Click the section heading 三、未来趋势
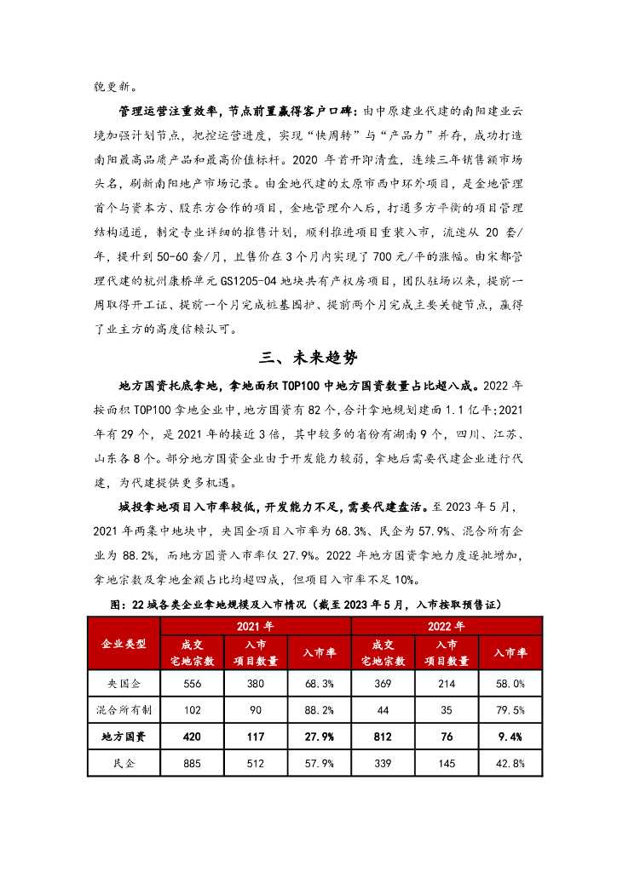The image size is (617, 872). click(x=308, y=357)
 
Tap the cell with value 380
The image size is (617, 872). click(x=255, y=683)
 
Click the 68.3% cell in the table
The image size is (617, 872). click(x=319, y=683)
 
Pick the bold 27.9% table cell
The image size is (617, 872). click(x=319, y=737)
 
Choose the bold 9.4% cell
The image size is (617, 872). click(x=511, y=737)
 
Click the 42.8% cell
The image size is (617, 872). click(x=511, y=763)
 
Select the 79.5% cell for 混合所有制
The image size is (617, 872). click(x=511, y=709)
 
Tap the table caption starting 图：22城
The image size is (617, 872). click(x=308, y=604)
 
